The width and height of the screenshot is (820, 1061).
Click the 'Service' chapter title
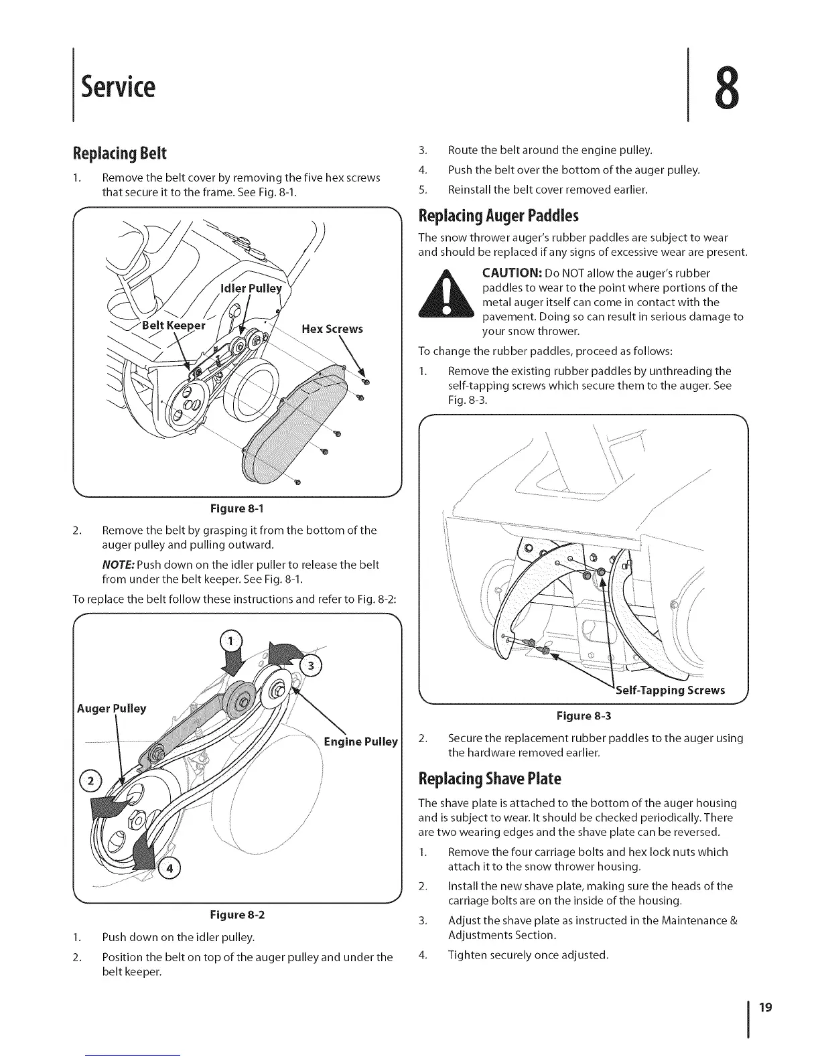coord(118,86)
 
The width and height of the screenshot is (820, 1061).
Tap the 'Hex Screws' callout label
coord(332,329)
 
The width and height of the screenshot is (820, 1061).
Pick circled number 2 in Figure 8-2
coord(107,782)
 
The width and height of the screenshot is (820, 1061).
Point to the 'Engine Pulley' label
coord(360,741)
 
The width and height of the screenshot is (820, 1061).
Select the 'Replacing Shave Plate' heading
coord(488,779)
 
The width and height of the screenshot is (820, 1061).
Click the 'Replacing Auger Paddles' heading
coord(498,216)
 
